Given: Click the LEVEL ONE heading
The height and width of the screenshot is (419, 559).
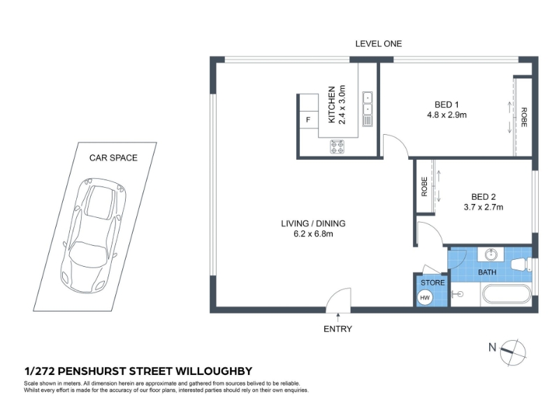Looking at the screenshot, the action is pyautogui.click(x=378, y=44).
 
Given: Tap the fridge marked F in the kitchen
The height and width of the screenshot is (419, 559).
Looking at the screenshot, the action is pyautogui.click(x=308, y=119).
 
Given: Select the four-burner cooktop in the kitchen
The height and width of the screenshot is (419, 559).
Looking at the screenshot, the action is pyautogui.click(x=337, y=147).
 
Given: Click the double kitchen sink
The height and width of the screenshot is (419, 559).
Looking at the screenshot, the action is pyautogui.click(x=368, y=109).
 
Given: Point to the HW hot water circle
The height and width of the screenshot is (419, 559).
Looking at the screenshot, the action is pyautogui.click(x=425, y=297).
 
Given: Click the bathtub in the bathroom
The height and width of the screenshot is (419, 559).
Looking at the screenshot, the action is pyautogui.click(x=506, y=295).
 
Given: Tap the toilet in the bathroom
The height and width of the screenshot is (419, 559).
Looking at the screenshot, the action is pyautogui.click(x=521, y=264).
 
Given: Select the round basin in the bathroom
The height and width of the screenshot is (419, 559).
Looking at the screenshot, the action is pyautogui.click(x=492, y=254).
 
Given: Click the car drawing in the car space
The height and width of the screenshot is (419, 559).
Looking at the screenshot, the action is pyautogui.click(x=94, y=235).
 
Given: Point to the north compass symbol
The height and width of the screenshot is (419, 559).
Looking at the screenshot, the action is pyautogui.click(x=513, y=353).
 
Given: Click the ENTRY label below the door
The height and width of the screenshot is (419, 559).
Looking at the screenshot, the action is pyautogui.click(x=337, y=329).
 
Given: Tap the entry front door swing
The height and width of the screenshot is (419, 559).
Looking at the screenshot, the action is pyautogui.click(x=338, y=300).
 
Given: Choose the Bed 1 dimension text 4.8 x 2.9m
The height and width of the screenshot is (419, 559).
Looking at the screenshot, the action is pyautogui.click(x=447, y=115).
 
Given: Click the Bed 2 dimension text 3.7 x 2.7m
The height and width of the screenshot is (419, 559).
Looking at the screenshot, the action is pyautogui.click(x=484, y=207).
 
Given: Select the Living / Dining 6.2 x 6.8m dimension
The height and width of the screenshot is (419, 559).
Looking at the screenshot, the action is pyautogui.click(x=313, y=234).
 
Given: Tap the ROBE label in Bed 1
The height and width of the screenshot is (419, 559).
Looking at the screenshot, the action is pyautogui.click(x=523, y=117).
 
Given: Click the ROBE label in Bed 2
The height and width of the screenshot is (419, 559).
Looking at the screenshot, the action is pyautogui.click(x=424, y=186).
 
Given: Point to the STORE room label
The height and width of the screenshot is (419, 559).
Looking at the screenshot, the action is pyautogui.click(x=433, y=283).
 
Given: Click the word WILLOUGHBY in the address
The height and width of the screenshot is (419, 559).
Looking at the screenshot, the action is pyautogui.click(x=214, y=372).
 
